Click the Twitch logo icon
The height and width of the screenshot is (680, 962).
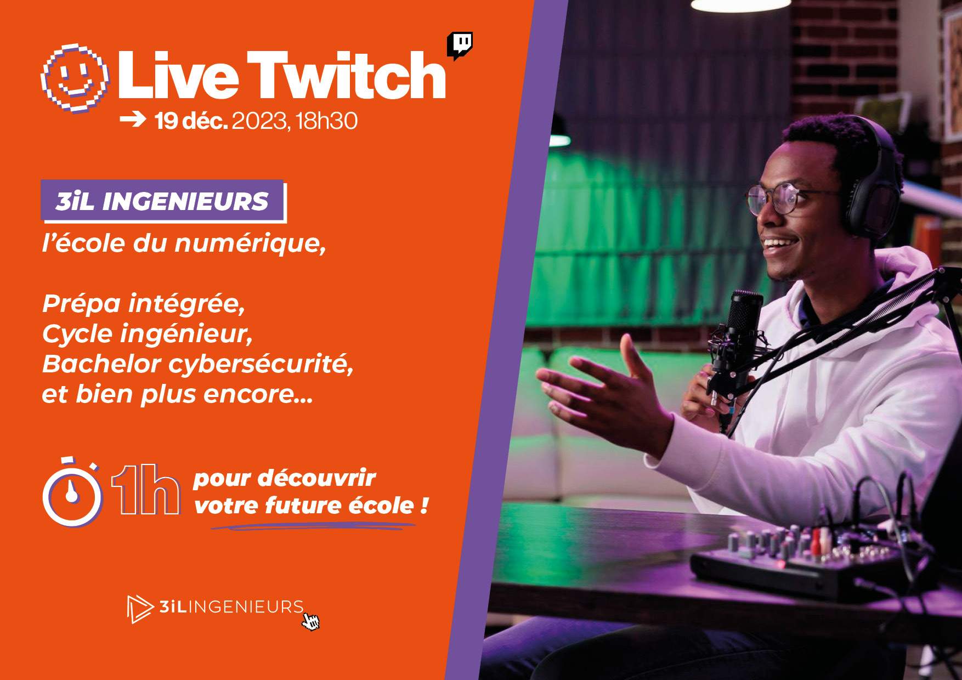click(x=460, y=45)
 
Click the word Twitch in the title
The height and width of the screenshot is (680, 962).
click(x=346, y=75)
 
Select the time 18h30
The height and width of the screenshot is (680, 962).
click(x=326, y=121)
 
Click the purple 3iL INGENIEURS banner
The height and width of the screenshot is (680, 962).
click(x=163, y=201)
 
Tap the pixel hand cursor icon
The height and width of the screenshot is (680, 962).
click(x=311, y=622)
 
